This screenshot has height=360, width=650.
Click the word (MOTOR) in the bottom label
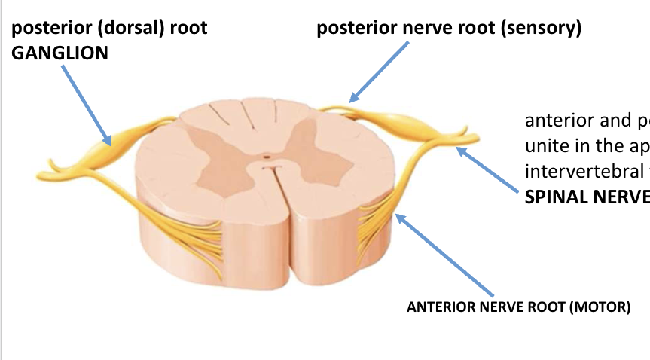click(x=599, y=307)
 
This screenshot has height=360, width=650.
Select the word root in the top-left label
click(x=188, y=28)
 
